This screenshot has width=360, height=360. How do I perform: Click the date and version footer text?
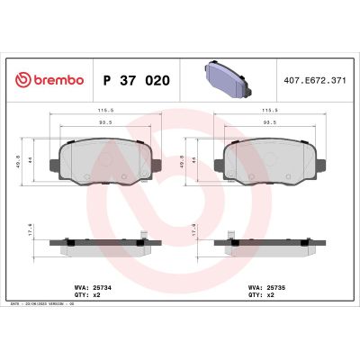point(44,308)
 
